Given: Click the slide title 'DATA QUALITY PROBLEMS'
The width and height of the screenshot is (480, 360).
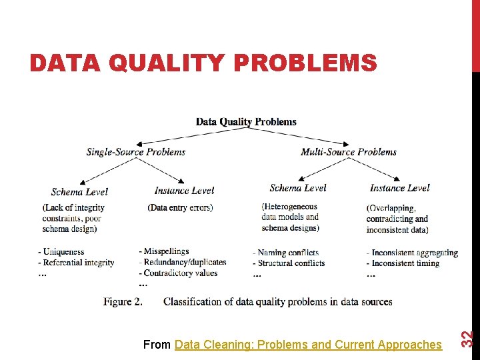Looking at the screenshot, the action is (203, 63).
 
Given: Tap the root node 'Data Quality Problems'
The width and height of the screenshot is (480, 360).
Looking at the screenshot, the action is (246, 121).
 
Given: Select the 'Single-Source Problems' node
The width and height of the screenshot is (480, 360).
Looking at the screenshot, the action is (136, 152).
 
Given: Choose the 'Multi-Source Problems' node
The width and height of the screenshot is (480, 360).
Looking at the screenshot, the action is (349, 152).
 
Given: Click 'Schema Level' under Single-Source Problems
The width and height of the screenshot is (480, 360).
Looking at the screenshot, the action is (79, 191).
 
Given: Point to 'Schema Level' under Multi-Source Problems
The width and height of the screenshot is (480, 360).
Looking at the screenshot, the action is (298, 188).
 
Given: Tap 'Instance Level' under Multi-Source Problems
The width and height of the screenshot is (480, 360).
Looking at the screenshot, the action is (400, 188).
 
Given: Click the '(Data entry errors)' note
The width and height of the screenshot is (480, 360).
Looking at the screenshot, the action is (180, 207).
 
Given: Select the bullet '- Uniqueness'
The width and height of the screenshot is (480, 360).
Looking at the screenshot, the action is (61, 252).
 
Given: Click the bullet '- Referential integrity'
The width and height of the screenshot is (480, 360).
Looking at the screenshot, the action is (77, 263).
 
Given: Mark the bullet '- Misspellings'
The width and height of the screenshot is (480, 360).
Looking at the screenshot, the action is (164, 251).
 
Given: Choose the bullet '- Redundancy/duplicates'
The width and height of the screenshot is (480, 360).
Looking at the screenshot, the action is (183, 262).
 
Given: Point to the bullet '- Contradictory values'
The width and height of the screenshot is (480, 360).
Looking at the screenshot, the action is (178, 273).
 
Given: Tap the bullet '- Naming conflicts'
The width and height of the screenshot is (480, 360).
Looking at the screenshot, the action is (286, 253).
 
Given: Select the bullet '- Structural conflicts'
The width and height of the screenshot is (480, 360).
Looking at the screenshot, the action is (289, 263).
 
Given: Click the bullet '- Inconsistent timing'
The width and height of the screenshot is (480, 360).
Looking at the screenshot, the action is (403, 263).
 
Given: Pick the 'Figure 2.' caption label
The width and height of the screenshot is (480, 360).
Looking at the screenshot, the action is (123, 301).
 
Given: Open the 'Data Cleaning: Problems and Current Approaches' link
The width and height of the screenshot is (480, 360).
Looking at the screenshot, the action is (308, 344).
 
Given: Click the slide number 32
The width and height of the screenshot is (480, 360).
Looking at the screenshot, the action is (468, 339).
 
